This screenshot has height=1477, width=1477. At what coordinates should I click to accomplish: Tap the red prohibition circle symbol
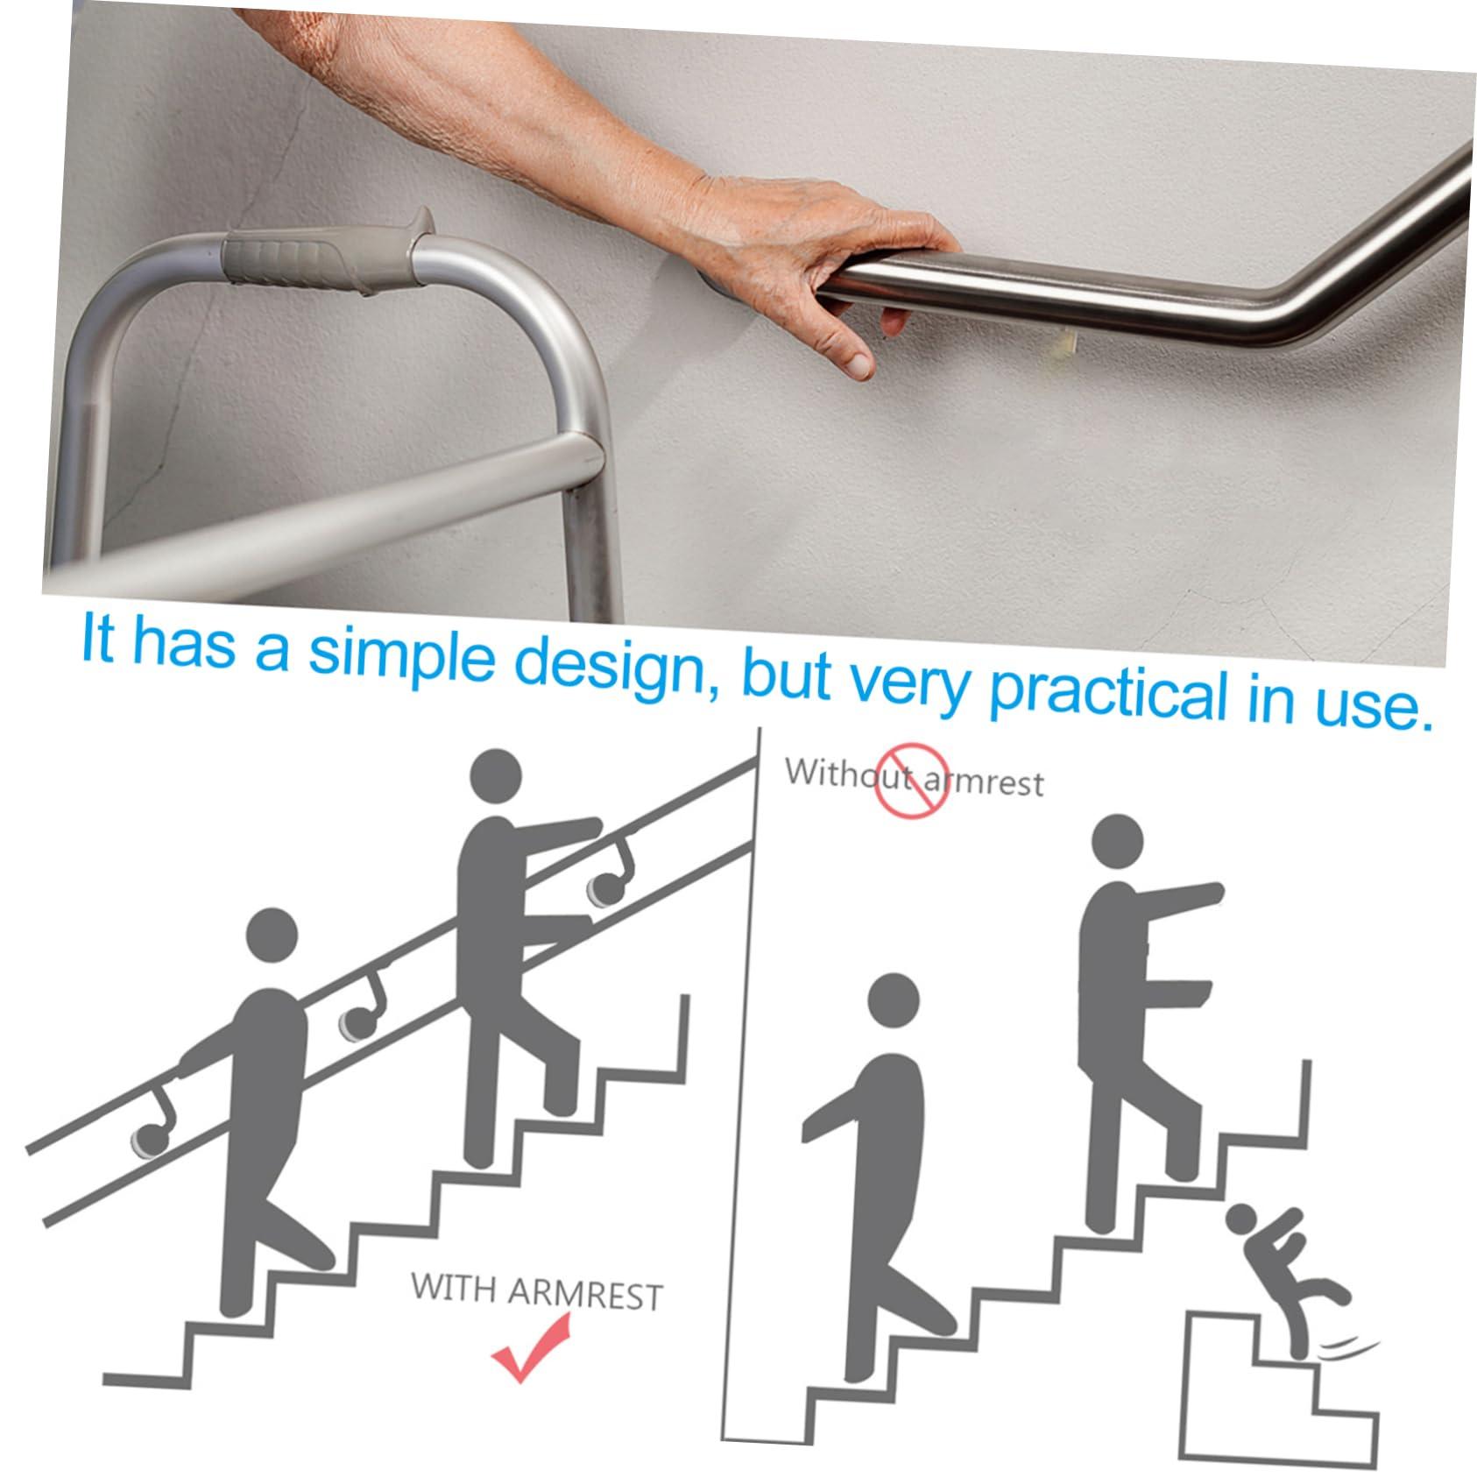[x=911, y=779]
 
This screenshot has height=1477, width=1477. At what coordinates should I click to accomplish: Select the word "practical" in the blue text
[x=1107, y=692]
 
